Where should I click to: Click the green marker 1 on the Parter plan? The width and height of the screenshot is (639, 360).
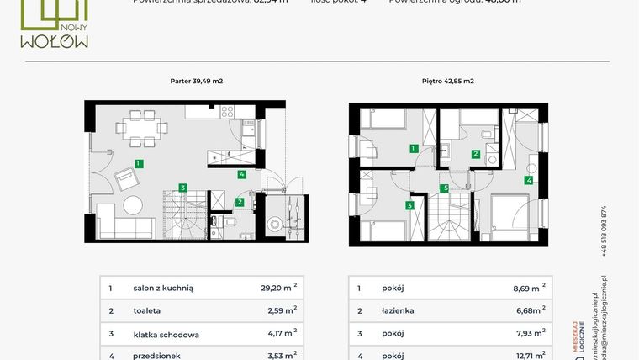pyautogui.click(x=138, y=164)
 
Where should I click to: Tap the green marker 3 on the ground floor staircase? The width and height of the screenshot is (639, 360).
pyautogui.click(x=182, y=188)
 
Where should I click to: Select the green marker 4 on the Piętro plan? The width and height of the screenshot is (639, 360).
pyautogui.click(x=529, y=179)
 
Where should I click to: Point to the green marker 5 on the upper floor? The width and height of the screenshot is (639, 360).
pyautogui.click(x=445, y=188)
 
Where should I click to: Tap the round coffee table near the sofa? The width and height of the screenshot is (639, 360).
pyautogui.click(x=135, y=204)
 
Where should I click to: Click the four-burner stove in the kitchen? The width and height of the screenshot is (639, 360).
pyautogui.click(x=229, y=112)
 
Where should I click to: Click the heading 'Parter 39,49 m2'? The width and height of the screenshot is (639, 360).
pyautogui.click(x=196, y=82)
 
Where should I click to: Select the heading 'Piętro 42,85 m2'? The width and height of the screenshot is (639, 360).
pyautogui.click(x=447, y=82)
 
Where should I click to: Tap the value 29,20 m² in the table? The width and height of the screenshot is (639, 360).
pyautogui.click(x=279, y=288)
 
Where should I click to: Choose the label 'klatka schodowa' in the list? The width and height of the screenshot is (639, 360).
pyautogui.click(x=166, y=335)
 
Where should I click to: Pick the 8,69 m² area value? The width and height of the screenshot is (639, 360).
pyautogui.click(x=528, y=288)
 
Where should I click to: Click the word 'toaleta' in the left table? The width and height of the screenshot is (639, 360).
pyautogui.click(x=147, y=311)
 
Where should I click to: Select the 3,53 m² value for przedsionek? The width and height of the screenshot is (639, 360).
pyautogui.click(x=279, y=356)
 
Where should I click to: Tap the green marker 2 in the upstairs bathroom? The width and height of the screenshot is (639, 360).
pyautogui.click(x=476, y=154)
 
